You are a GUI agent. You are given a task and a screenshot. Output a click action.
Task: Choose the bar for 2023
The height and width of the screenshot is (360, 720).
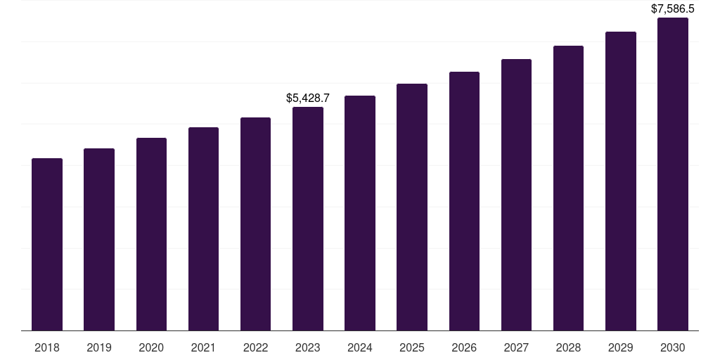coord(308,219)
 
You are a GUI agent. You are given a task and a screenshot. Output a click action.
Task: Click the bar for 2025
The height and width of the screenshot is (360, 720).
coord(412,207)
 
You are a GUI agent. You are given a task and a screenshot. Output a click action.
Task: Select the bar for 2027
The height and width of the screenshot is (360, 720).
coord(516,195)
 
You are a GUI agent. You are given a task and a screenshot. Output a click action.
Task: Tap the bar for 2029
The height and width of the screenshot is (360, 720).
coord(621,181)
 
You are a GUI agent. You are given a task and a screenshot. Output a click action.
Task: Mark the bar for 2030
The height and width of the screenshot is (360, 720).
coord(673,174)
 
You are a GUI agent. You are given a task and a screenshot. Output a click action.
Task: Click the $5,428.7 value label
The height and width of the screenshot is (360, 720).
coord(308,98)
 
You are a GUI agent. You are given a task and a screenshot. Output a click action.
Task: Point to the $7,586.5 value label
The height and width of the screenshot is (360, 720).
coord(673,9)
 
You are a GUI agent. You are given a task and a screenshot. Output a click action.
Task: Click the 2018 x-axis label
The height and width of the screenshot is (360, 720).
coord(47,347)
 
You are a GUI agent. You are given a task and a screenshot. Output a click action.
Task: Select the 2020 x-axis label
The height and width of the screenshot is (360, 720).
coord(151,347)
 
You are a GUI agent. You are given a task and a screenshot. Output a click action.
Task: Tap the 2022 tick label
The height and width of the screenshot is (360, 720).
coord(255,347)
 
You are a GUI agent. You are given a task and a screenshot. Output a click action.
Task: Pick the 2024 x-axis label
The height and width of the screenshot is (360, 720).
coord(360,347)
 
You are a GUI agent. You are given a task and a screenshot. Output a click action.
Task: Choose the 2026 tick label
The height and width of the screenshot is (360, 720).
coord(464,347)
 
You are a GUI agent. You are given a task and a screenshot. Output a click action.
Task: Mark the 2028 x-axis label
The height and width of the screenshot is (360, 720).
coord(568,347)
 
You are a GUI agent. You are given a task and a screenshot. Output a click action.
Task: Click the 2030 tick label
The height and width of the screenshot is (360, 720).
coord(673,347)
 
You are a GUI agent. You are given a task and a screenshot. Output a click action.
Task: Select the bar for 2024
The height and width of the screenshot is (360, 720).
coord(360,213)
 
